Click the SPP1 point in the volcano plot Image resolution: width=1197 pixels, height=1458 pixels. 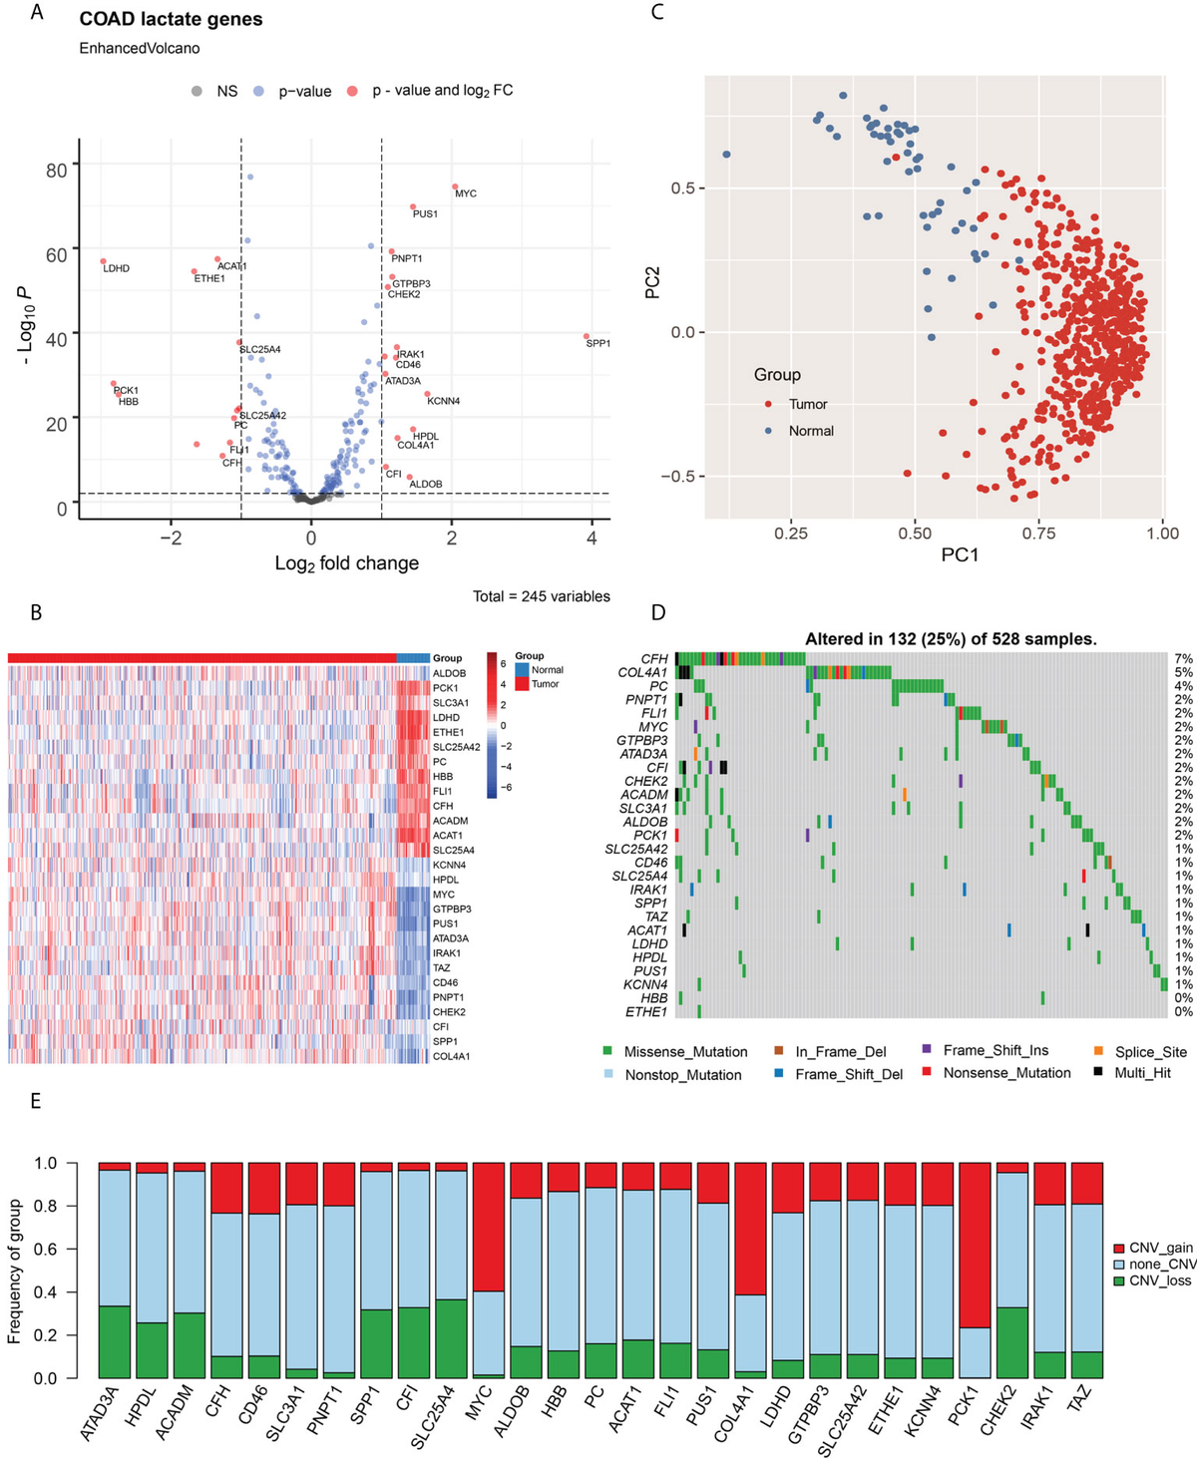587,336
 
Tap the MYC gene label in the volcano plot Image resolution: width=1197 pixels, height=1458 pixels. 466,193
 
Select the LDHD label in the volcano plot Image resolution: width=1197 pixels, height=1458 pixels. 116,268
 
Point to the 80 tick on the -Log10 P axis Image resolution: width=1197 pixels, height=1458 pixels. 56,171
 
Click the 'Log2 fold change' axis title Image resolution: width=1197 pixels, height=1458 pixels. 346,563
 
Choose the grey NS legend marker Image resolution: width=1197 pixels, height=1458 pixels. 198,92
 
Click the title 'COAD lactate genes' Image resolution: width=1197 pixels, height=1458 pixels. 171,19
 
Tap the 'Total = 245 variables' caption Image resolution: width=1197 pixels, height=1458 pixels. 541,596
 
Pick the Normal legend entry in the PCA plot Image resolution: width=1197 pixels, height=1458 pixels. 810,431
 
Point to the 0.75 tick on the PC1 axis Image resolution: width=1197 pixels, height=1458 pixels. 1038,534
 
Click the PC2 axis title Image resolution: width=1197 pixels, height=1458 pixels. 652,280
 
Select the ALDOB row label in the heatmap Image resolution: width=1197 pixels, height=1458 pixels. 449,673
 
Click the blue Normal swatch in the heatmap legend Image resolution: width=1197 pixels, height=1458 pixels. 522,670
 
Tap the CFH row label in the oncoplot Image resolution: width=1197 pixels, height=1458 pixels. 654,659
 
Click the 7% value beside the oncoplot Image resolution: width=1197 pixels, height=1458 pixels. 1183,659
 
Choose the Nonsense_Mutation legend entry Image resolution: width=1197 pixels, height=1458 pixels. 1006,1073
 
